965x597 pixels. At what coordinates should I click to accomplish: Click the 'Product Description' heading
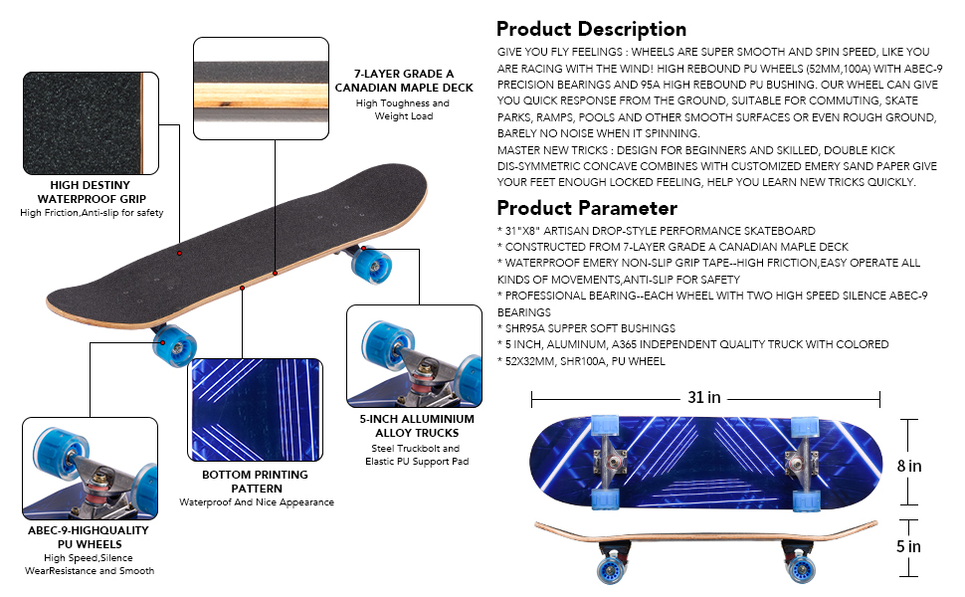click(591, 29)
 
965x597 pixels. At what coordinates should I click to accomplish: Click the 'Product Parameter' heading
click(587, 208)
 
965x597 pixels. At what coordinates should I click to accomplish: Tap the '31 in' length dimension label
click(704, 397)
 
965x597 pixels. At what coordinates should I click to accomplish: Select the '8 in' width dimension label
click(909, 466)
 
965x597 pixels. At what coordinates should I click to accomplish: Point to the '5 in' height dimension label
click(908, 546)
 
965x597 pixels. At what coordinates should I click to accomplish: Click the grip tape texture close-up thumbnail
click(92, 123)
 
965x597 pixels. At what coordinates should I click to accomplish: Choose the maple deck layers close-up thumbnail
click(261, 89)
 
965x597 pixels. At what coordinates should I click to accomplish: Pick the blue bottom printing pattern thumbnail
click(255, 410)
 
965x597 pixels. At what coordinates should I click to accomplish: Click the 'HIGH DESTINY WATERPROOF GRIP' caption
click(92, 192)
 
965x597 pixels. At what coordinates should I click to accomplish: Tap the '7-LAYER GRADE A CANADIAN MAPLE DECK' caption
click(404, 81)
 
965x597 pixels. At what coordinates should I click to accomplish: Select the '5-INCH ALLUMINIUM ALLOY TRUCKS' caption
click(417, 426)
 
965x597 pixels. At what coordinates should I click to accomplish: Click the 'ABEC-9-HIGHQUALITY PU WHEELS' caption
click(90, 537)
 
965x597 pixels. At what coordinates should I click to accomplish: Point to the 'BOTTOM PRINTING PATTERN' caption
click(256, 482)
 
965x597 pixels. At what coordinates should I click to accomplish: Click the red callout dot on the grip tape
click(180, 253)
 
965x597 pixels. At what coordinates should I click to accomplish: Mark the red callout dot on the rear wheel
click(364, 249)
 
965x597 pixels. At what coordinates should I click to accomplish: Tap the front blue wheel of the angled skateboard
click(175, 346)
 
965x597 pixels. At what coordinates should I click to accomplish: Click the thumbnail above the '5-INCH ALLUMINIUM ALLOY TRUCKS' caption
click(414, 356)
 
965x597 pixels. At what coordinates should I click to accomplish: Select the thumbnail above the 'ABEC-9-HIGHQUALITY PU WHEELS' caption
click(90, 469)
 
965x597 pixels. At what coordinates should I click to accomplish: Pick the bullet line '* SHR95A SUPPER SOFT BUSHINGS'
click(586, 328)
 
